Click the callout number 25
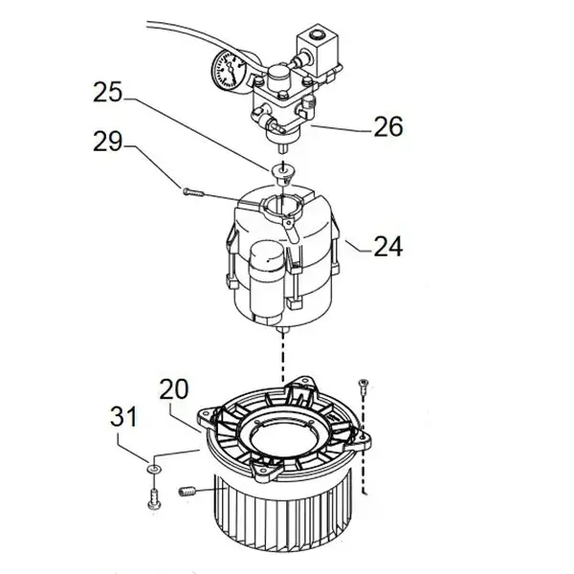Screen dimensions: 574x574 pyautogui.click(x=107, y=92)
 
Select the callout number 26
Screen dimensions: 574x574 pyautogui.click(x=388, y=126)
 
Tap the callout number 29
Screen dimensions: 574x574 pyautogui.click(x=107, y=142)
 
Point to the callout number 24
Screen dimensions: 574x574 pyautogui.click(x=388, y=246)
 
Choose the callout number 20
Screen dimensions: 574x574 pyautogui.click(x=174, y=388)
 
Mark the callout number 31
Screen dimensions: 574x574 pyautogui.click(x=123, y=416)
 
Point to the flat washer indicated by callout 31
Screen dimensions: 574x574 pyautogui.click(x=154, y=469)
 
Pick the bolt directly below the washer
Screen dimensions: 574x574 pyautogui.click(x=154, y=498)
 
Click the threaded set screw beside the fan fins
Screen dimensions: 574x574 pyautogui.click(x=188, y=492)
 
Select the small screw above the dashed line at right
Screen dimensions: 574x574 pyautogui.click(x=364, y=386)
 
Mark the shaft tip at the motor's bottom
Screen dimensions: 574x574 pyautogui.click(x=283, y=332)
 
